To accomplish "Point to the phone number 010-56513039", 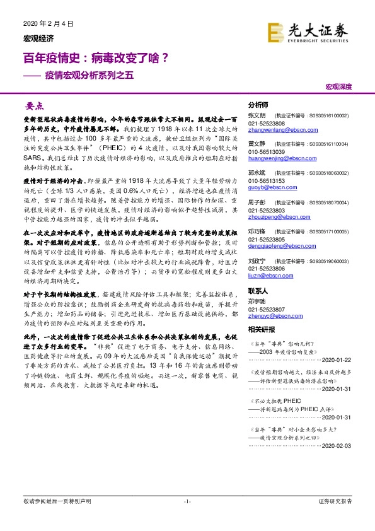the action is click(x=266, y=151).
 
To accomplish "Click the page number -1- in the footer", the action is click(x=187, y=518).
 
